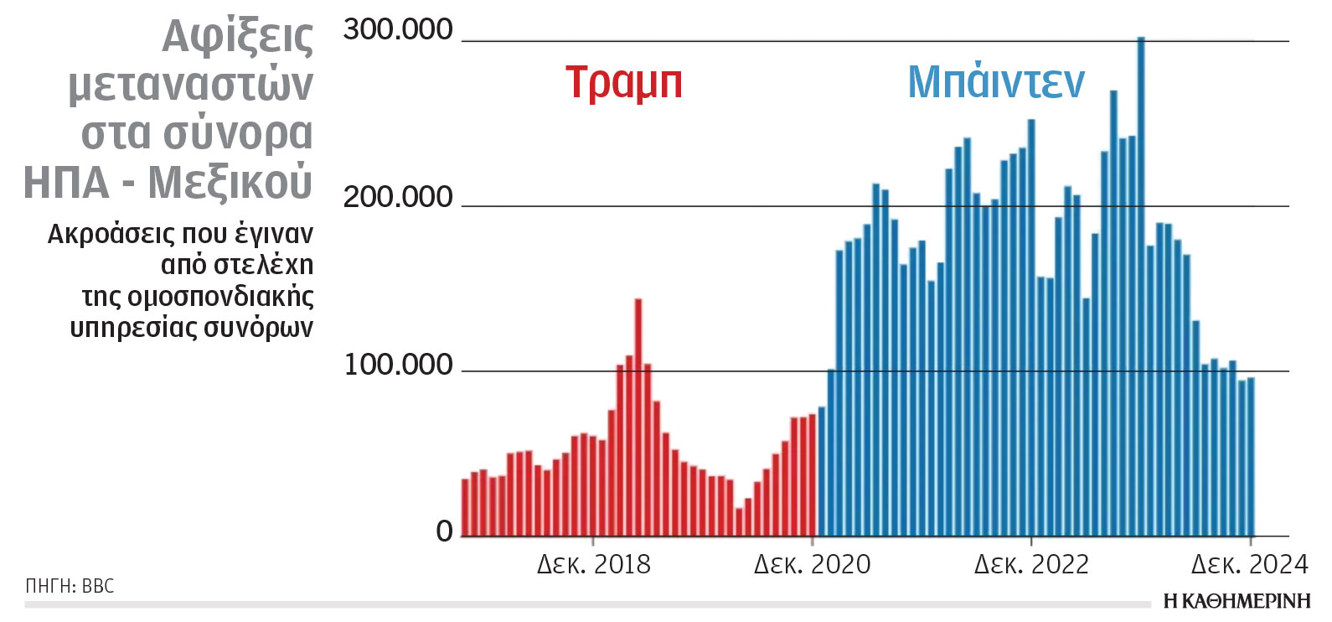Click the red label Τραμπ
[x=624, y=82]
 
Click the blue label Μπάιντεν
[x=996, y=82]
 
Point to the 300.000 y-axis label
[x=398, y=30]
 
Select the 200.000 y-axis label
[x=398, y=198]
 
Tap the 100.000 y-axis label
[x=398, y=365]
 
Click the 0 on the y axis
[x=444, y=531]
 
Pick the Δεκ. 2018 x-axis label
[x=593, y=564]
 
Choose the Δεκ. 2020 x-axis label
[x=812, y=564]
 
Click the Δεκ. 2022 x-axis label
[x=1031, y=564]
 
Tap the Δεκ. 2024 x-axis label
[x=1249, y=564]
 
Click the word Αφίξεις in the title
[x=238, y=37]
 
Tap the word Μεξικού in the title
[x=230, y=183]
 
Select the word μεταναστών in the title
[x=191, y=86]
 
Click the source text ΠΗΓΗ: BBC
[x=70, y=586]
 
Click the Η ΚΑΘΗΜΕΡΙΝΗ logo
[x=1236, y=601]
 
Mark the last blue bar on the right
[x=1251, y=457]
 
